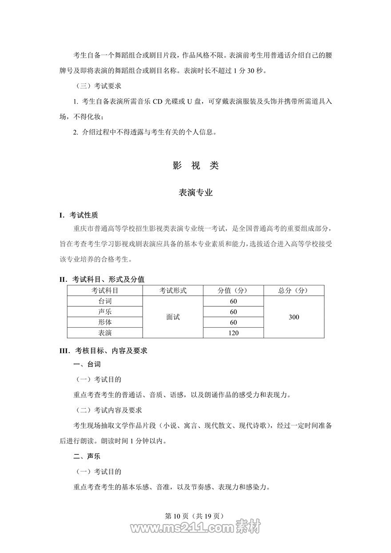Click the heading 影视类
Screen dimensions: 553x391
pos(195,166)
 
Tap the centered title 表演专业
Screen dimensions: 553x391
pos(195,193)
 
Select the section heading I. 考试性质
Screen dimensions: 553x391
pos(78,216)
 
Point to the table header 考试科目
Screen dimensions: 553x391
pos(105,291)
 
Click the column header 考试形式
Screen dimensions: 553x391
pos(173,291)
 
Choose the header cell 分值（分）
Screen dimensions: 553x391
pos(233,291)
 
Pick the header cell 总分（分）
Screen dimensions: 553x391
pos(294,291)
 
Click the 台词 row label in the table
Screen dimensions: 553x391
pos(105,301)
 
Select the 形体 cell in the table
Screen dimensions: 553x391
pos(105,322)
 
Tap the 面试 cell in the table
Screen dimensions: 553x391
pos(173,317)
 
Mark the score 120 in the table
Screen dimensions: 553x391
pos(233,333)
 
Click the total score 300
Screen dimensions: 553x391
pos(294,317)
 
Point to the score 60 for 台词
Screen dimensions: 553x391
pos(233,301)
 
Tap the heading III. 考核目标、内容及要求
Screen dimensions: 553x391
pos(103,351)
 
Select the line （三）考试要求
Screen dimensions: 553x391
pos(96,86)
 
